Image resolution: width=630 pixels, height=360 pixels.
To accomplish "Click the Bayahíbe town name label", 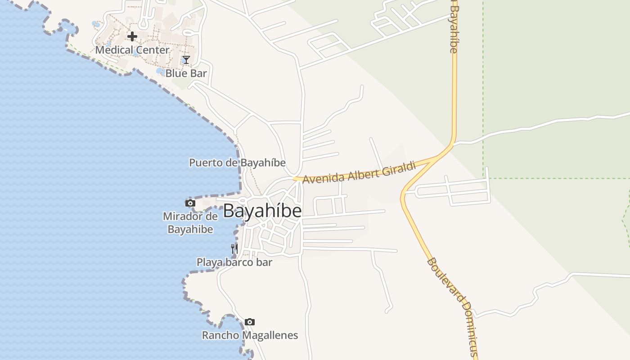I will coord(262,211).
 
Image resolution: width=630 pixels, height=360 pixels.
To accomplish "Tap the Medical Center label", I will coord(132,50).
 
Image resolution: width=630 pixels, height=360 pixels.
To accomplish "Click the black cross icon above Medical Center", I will coord(132,36).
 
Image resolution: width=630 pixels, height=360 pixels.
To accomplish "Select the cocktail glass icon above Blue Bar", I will coord(186,59).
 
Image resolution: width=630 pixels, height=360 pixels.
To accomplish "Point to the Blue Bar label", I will coord(186,73).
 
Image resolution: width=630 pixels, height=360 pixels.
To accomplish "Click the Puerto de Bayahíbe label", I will coord(237,162).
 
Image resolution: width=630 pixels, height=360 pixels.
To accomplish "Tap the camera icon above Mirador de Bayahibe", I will coord(190,203).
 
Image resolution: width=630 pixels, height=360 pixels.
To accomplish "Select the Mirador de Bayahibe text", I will coord(190,222).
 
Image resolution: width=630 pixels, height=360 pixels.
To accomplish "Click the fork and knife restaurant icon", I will coord(234,248).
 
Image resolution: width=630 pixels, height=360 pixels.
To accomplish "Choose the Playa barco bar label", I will coord(234,262).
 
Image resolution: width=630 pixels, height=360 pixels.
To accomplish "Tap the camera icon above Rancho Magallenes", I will coord(250,322).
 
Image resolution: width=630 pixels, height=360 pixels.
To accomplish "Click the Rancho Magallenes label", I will coord(250,335).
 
